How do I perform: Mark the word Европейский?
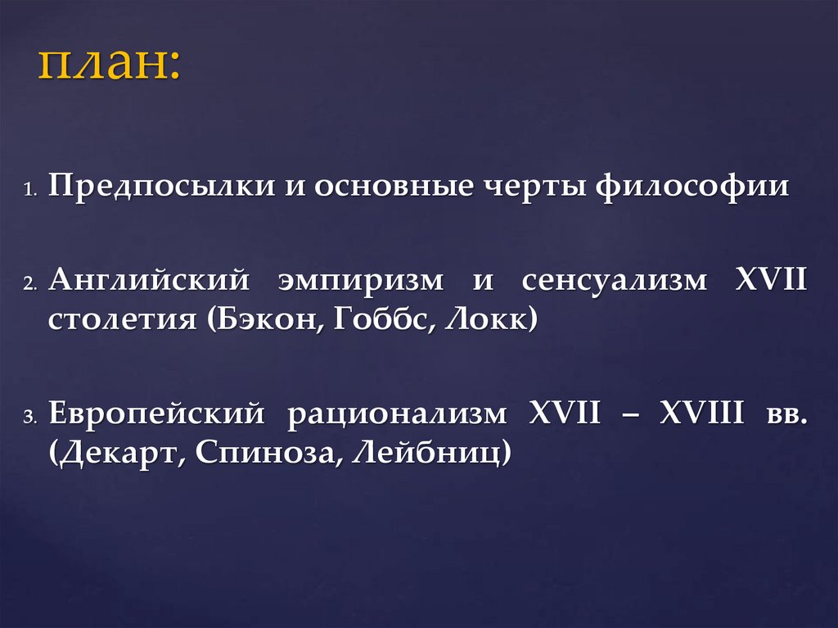coord(157,413)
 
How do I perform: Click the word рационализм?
coord(396,413)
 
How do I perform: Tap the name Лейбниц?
coord(426,451)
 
